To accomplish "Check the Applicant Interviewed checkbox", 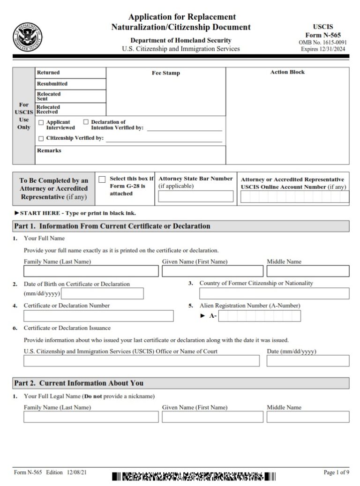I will point(41,122).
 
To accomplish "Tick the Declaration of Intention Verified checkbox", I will point(86,122).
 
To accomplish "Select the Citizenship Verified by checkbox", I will point(41,139).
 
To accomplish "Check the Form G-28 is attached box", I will point(102,179).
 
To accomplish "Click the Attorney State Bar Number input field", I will point(195,196).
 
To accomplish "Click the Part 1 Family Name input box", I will point(91,271).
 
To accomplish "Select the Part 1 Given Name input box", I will point(212,271).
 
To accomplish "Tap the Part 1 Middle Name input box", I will point(307,271).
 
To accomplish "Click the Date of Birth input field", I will point(103,294).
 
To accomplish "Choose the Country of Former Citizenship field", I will point(274,294).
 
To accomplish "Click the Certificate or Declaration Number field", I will point(98,316).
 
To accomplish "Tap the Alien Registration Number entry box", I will point(260,316).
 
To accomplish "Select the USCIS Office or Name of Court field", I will point(141,361).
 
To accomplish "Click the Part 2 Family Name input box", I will point(91,417).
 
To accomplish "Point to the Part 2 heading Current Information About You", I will point(79,383).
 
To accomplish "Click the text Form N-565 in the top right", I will point(323,35).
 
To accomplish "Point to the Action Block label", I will point(287,73).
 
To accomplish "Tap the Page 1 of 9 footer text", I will point(336,472).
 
